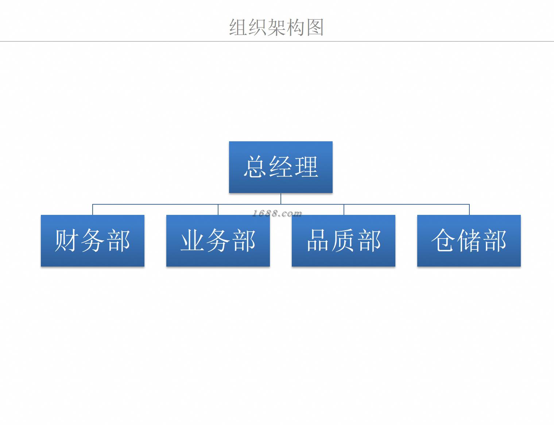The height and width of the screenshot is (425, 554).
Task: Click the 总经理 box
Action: point(281,167)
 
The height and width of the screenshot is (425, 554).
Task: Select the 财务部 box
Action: point(93,241)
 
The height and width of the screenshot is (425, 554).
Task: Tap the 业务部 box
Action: point(218,241)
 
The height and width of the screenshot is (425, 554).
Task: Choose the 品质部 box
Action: point(344,241)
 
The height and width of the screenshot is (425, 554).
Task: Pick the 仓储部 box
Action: point(469,241)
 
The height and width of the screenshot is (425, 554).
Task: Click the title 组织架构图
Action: point(276,27)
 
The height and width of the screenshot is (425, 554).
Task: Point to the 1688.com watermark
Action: point(277,213)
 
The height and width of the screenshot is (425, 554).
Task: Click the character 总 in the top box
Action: point(255,167)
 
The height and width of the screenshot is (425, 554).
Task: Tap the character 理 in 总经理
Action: point(306,167)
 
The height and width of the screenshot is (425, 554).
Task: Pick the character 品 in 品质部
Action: point(318,240)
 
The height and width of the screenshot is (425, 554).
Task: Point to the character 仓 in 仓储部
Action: point(443,240)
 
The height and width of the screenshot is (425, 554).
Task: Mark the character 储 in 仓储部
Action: point(469,240)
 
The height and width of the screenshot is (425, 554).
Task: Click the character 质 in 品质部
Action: point(344,240)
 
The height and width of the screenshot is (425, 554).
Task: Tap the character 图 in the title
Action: point(315,27)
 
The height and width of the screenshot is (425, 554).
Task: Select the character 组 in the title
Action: point(238,27)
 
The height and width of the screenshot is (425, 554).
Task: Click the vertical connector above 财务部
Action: point(93,209)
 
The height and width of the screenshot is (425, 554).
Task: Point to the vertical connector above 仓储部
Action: point(469,209)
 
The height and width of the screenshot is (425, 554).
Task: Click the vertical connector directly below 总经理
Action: point(281,198)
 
